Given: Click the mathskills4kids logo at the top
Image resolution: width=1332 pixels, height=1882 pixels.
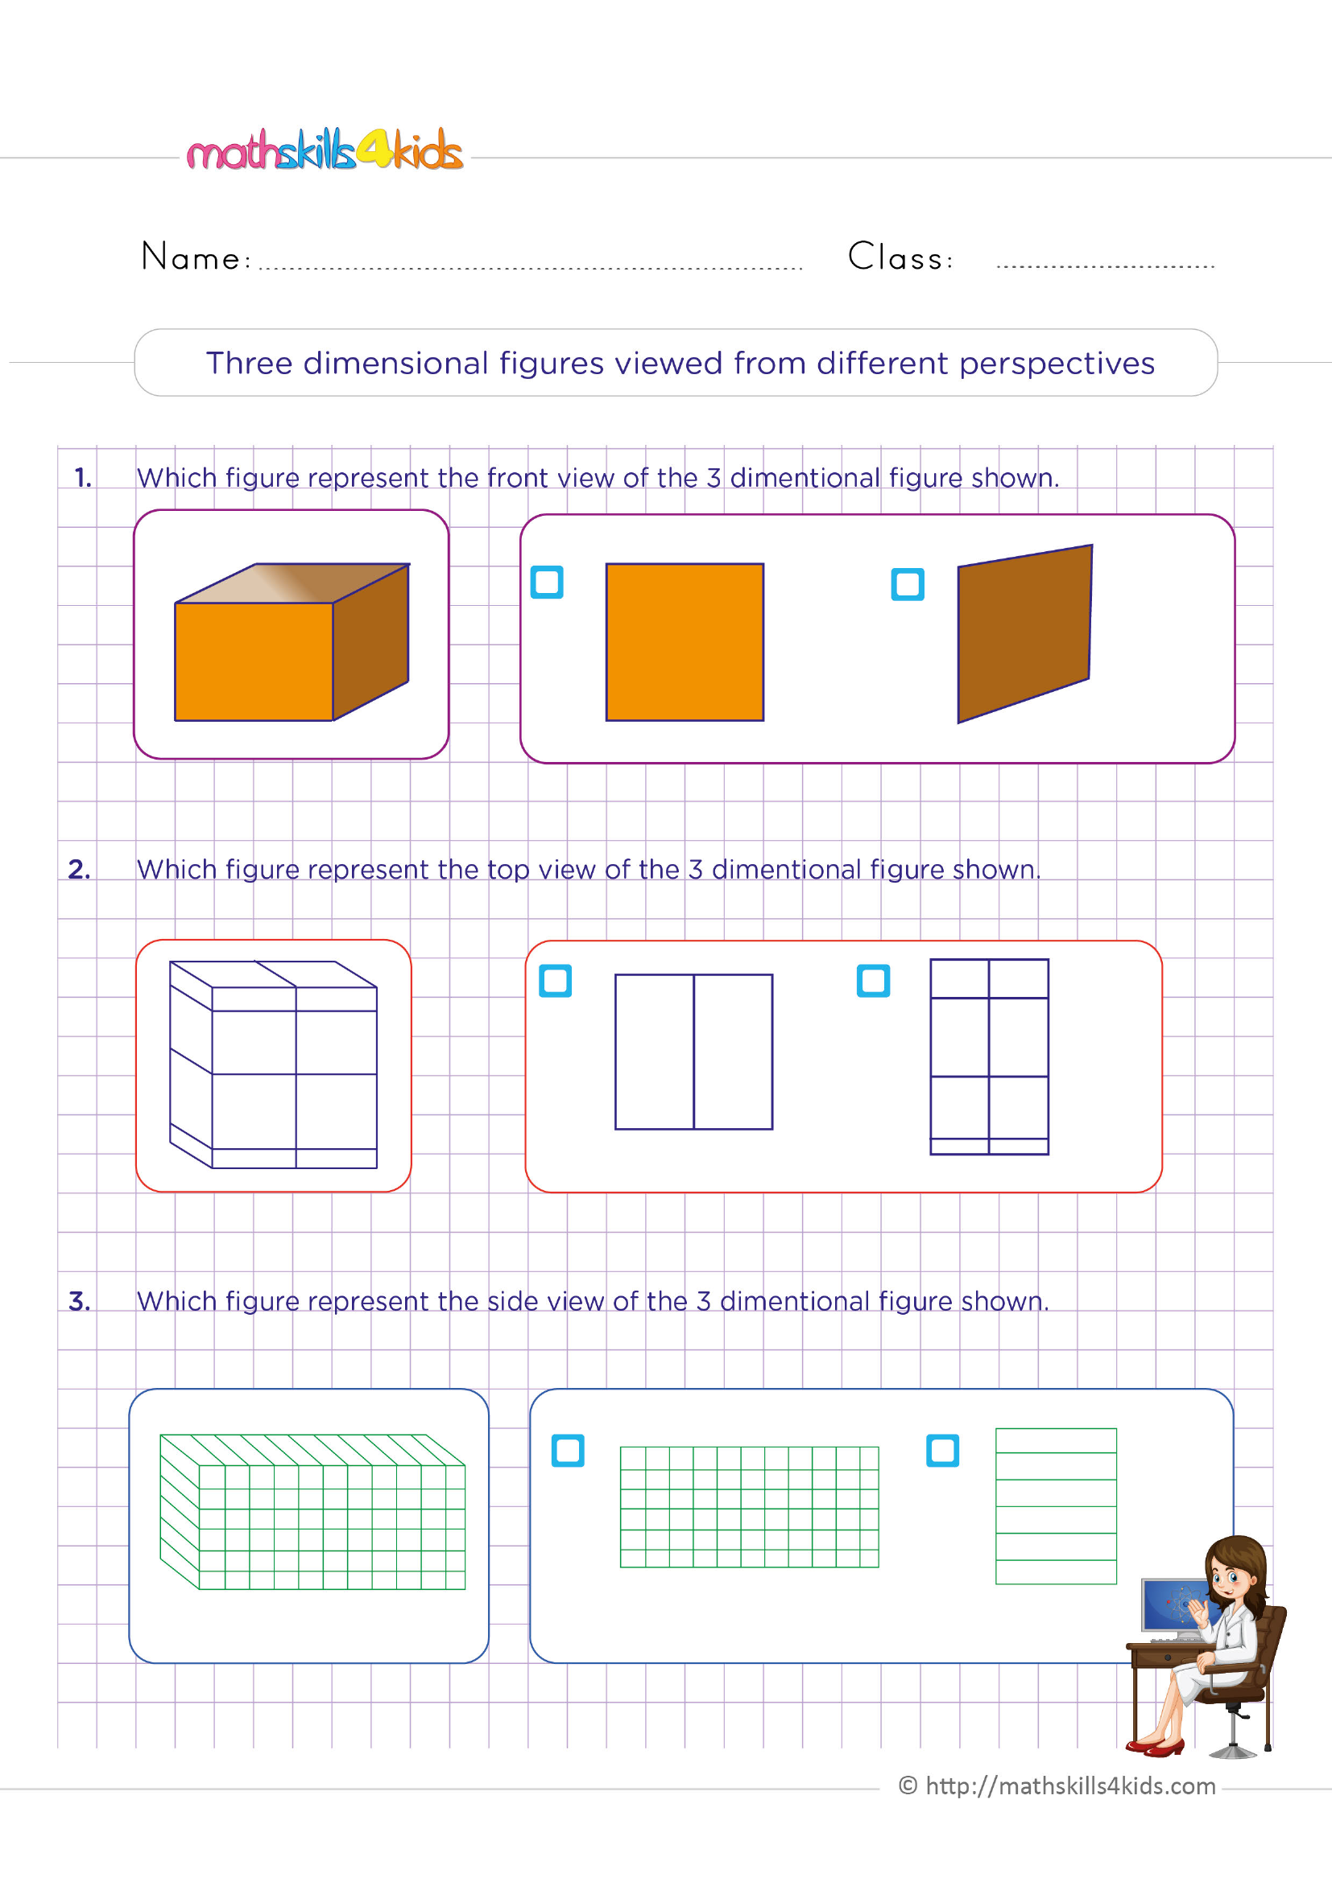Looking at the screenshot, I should point(325,150).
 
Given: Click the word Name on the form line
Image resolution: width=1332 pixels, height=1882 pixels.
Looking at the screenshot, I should point(191,257).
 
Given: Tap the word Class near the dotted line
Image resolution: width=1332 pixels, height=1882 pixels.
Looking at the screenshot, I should point(898,257).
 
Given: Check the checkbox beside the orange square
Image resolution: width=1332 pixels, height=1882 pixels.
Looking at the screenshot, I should point(547,582).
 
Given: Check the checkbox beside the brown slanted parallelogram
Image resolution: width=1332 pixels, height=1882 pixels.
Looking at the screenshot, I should point(907,584).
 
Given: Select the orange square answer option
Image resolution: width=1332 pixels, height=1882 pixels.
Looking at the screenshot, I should point(684,642).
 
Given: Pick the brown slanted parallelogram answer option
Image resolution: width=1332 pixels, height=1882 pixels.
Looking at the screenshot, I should point(1024,633).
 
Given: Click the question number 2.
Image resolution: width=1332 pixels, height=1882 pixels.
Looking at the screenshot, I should point(79,869).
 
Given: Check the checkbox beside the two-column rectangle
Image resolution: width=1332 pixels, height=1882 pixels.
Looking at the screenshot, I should point(556,980).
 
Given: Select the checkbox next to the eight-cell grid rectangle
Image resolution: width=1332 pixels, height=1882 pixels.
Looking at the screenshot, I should point(873,980).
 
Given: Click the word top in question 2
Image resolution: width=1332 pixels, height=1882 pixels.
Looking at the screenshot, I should point(507,870).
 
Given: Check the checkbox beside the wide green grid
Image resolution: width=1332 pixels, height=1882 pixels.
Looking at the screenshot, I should point(568,1451).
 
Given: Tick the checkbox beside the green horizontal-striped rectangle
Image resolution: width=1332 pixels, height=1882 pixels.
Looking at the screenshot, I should point(942,1451).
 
